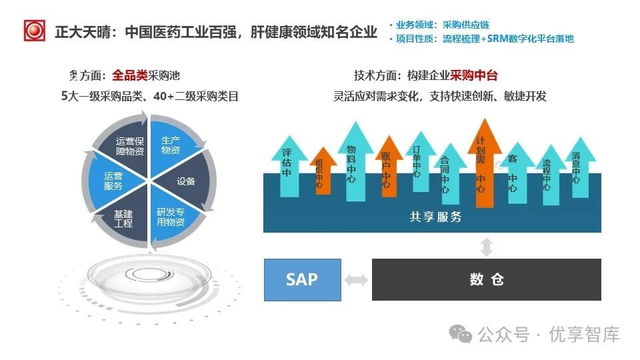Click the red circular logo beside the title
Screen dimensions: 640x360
34,31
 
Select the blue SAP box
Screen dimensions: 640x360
302,279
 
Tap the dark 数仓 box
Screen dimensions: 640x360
486,279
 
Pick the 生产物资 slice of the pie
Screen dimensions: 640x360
171,146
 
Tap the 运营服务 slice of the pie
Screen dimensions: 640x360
112,181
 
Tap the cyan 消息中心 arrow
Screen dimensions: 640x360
575,168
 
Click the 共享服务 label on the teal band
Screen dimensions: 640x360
435,217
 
